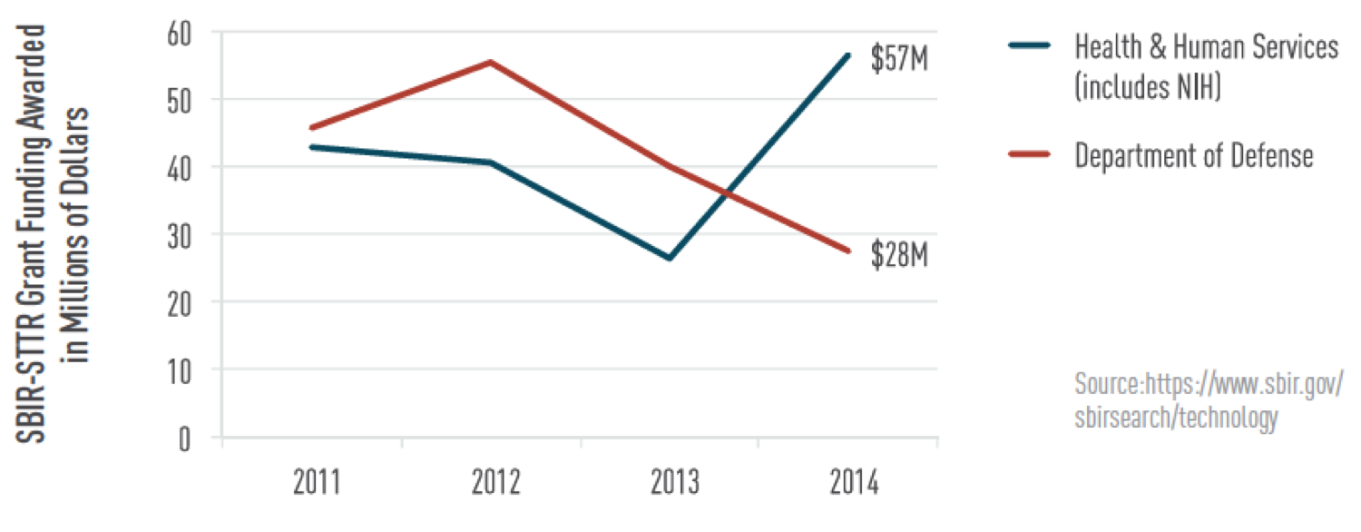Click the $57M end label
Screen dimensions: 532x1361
(898, 60)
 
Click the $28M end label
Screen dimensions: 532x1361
(898, 256)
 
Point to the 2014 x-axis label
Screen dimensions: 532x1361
(854, 483)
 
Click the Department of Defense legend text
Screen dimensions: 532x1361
(1194, 155)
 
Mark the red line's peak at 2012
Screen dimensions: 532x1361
(491, 62)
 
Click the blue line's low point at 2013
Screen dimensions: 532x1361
(669, 259)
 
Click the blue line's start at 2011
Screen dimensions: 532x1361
(311, 146)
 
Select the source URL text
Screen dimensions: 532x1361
(1208, 400)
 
